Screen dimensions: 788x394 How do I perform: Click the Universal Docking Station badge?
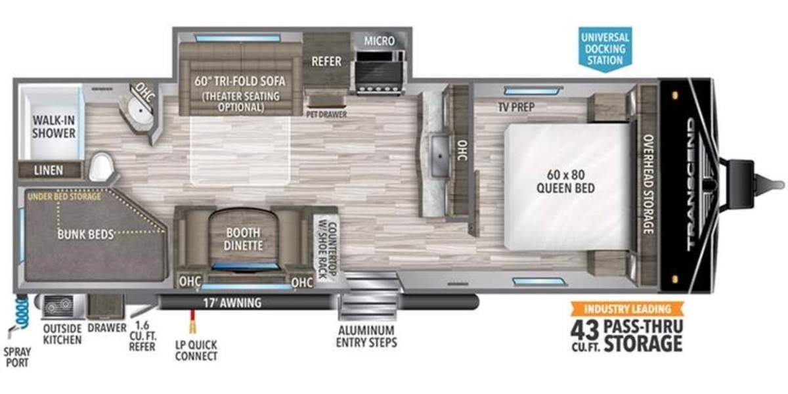coord(605,49)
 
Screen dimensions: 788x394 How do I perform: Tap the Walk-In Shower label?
coord(54,127)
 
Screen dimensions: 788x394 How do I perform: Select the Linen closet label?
coord(49,171)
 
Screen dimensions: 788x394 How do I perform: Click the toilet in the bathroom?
coord(101,167)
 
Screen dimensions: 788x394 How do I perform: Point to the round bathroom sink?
coord(141,110)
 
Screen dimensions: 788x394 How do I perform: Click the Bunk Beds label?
coord(85,234)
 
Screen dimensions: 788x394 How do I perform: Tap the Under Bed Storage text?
coord(64,196)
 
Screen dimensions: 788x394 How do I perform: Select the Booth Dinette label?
coord(243,239)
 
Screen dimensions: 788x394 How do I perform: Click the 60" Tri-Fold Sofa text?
coord(240,81)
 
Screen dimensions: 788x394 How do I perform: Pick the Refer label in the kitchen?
coord(326,62)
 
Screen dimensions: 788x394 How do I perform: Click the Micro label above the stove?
coord(380,41)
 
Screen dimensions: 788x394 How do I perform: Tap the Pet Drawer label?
coord(326,114)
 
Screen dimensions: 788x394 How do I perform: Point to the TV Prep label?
coord(516,107)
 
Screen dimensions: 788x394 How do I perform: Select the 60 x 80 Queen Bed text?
coord(565,181)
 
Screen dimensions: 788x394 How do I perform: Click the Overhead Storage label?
coord(648,184)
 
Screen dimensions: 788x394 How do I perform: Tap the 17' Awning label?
coord(232,303)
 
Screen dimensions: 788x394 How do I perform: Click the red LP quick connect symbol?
coord(192,321)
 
